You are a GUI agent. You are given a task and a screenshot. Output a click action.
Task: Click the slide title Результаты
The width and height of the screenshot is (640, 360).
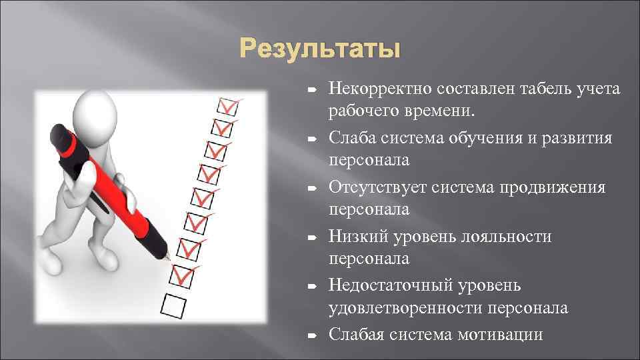tap(320, 49)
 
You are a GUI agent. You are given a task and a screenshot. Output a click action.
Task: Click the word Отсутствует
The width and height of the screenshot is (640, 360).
tap(377, 187)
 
